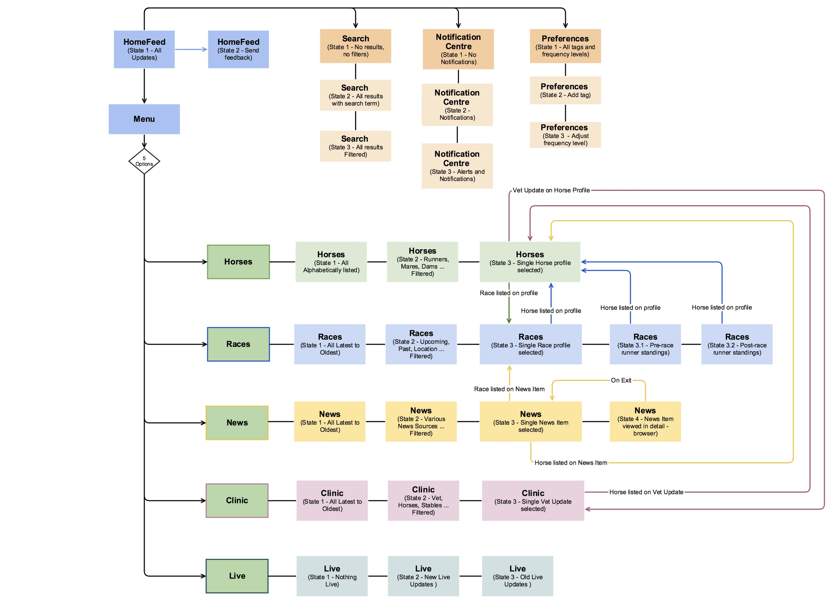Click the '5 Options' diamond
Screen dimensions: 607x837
click(x=144, y=161)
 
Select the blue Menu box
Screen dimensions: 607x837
click(x=144, y=119)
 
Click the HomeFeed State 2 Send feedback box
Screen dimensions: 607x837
click(x=238, y=49)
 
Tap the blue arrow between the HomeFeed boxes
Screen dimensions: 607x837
click(x=191, y=49)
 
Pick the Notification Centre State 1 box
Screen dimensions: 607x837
click(x=458, y=49)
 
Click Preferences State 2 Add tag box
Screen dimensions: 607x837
click(x=565, y=90)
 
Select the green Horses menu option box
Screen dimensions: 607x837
click(x=238, y=261)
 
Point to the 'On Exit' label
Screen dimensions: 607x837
click(x=621, y=380)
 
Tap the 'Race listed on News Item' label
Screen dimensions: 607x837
click(x=509, y=389)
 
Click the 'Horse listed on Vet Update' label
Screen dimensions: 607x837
click(x=646, y=492)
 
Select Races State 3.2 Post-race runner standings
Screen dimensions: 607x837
click(x=737, y=344)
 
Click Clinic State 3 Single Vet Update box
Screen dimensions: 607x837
click(x=533, y=501)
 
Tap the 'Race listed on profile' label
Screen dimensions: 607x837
click(x=508, y=293)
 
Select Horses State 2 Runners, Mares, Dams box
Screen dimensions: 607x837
click(x=422, y=262)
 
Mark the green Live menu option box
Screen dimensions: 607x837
click(x=237, y=576)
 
